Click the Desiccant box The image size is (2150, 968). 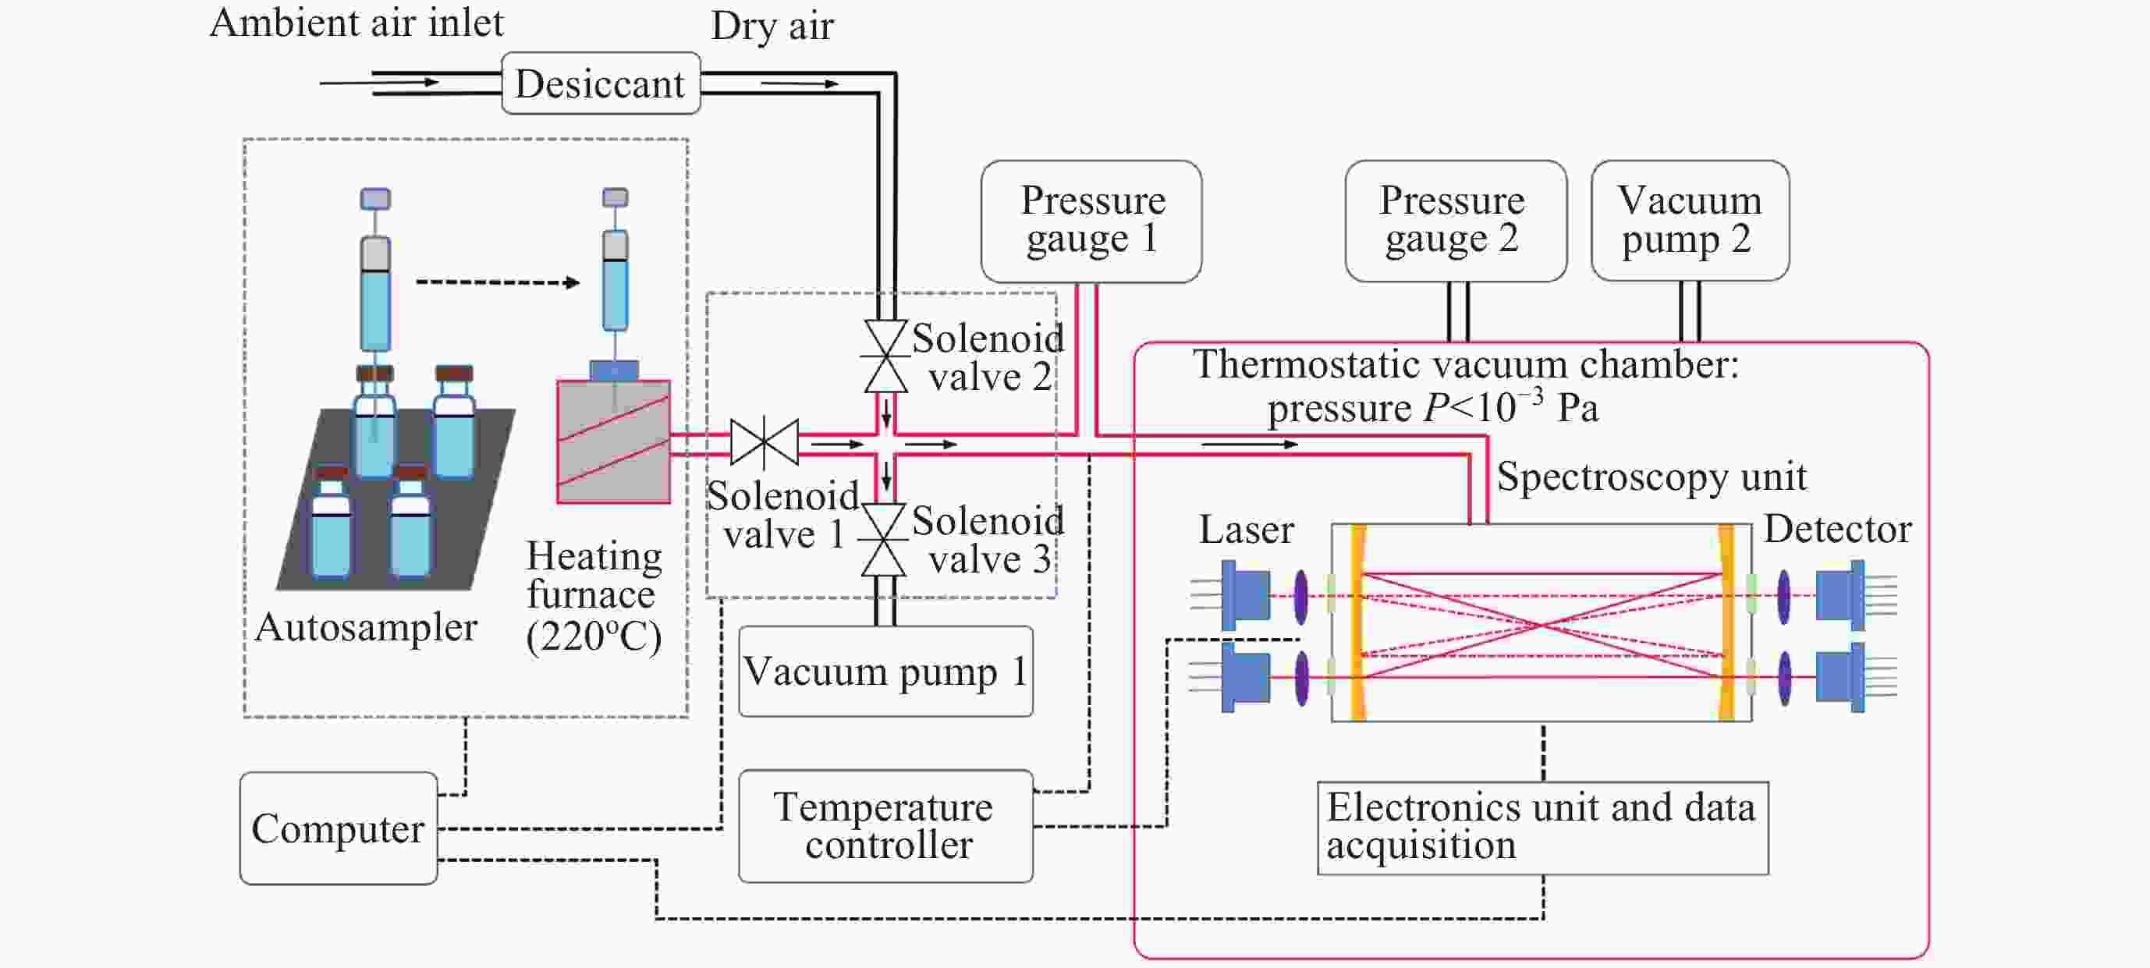point(600,83)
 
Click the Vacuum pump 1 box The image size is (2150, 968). point(885,671)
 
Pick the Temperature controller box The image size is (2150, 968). point(885,825)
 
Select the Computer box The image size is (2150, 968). point(338,828)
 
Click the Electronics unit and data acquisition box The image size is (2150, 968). point(1542,827)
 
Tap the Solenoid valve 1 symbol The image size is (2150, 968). point(764,442)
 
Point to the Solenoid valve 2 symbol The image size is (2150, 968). point(885,356)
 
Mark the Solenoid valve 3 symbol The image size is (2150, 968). point(884,540)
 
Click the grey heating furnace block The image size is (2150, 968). point(613,441)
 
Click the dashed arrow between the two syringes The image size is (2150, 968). point(498,282)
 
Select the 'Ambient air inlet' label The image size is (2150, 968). point(357,23)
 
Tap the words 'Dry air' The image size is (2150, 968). point(772,26)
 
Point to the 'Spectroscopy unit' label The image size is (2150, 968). point(1651,477)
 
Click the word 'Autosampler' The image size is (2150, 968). point(366,626)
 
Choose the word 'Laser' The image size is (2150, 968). point(1246,529)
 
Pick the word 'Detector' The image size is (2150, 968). point(1838,529)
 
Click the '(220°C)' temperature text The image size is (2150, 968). point(594,636)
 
